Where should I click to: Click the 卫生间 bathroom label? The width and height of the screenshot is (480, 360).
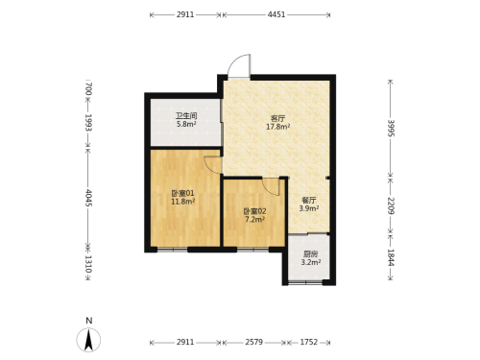(x=186, y=115)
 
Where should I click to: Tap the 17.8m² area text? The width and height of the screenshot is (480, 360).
(x=278, y=127)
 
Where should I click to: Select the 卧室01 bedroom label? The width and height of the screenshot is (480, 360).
(x=183, y=193)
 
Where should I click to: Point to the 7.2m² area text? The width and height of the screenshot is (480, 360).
(x=254, y=220)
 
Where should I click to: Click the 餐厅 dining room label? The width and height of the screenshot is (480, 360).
(x=309, y=201)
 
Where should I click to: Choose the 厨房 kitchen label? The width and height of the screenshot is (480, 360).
(x=311, y=254)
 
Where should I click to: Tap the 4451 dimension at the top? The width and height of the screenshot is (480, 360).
(x=276, y=14)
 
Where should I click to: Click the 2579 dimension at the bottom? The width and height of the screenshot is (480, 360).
(x=254, y=342)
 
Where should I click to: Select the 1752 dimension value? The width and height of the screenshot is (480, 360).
(x=309, y=342)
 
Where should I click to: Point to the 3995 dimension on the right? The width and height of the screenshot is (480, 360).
(x=391, y=128)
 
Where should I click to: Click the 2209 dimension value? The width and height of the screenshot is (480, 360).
(x=391, y=205)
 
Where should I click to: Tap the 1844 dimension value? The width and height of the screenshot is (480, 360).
(x=391, y=257)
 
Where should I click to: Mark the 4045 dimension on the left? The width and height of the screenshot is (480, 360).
(x=88, y=198)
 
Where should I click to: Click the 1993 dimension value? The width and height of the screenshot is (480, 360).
(x=88, y=123)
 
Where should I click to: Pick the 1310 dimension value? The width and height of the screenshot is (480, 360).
(x=88, y=264)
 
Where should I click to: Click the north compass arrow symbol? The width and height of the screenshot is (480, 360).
(x=88, y=340)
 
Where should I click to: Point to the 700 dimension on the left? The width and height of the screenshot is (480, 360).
(x=88, y=89)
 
